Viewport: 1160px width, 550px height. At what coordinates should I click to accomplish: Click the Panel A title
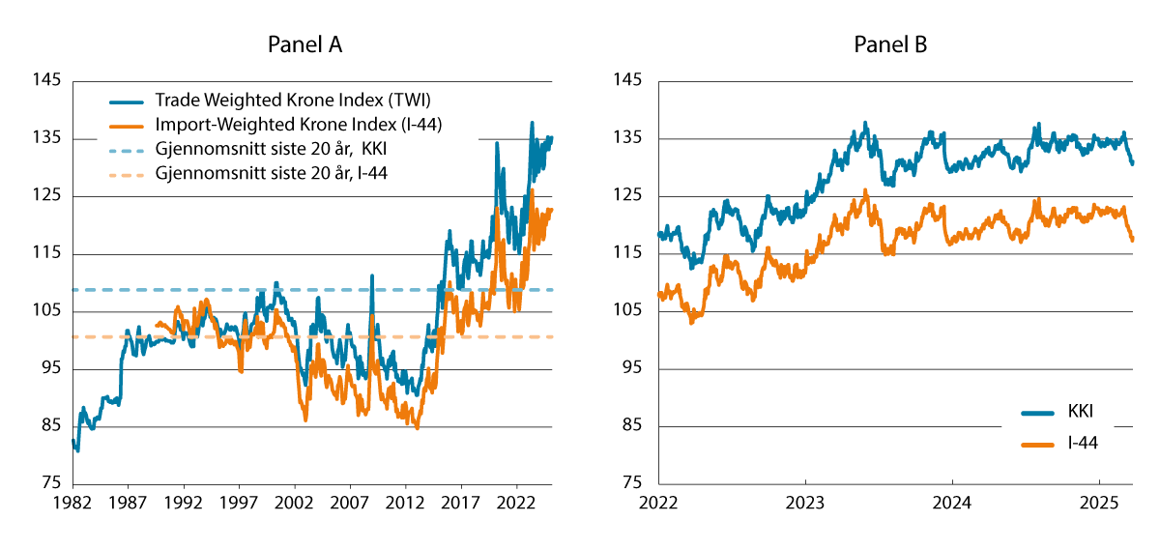(x=305, y=44)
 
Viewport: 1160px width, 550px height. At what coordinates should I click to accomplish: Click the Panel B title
(x=890, y=44)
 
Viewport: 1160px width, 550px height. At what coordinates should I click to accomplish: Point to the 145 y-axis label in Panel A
(x=44, y=81)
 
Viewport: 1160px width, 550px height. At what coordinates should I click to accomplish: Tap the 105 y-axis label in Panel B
(x=628, y=311)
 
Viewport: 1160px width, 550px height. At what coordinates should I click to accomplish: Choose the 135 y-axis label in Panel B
(x=628, y=139)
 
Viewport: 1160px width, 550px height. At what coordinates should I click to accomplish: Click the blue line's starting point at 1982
(x=73, y=441)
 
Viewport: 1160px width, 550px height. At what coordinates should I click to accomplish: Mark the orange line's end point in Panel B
(x=1132, y=239)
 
